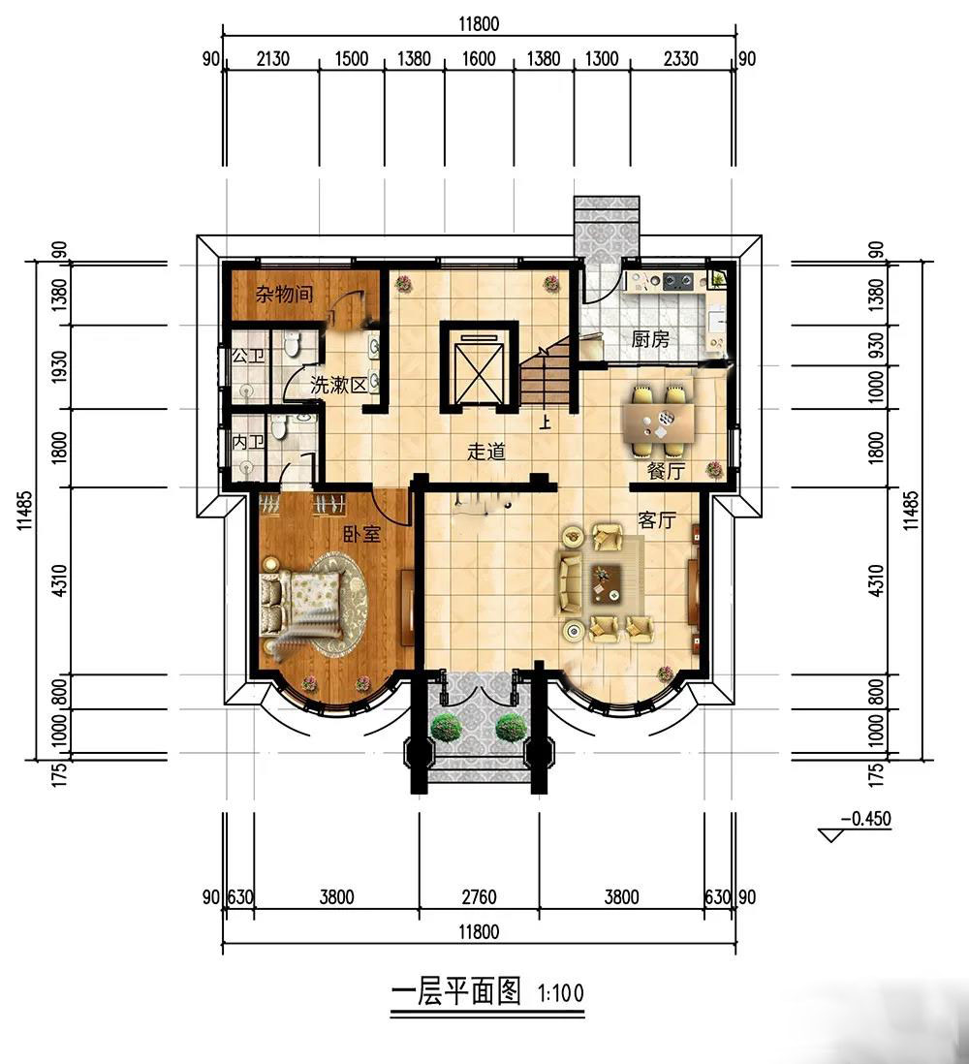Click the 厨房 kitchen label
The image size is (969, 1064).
click(650, 338)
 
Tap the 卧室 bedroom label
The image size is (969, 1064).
click(361, 534)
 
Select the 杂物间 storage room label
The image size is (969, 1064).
click(284, 294)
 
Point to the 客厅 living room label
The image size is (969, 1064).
click(657, 520)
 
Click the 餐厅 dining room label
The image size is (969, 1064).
click(666, 470)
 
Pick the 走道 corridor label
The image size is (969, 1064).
click(486, 452)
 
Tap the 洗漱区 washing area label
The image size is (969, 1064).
click(338, 385)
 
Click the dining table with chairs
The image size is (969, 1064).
click(658, 420)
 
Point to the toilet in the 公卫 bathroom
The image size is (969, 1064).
click(292, 345)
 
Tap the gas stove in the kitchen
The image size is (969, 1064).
click(677, 279)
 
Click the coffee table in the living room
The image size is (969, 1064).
click(607, 583)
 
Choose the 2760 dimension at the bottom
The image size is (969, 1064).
click(479, 897)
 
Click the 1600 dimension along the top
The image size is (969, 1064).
click(479, 59)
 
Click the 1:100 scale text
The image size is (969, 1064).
click(560, 993)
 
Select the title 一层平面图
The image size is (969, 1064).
click(456, 992)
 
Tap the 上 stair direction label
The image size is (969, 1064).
click(545, 422)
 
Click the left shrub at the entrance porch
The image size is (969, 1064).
click(447, 728)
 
